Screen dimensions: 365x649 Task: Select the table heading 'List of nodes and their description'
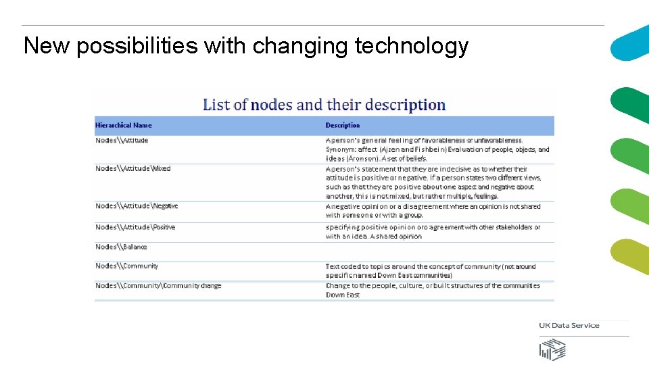pos(324,105)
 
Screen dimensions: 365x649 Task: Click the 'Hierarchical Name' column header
pos(124,125)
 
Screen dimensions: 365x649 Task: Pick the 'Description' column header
pos(343,125)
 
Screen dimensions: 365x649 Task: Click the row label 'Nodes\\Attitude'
pos(122,141)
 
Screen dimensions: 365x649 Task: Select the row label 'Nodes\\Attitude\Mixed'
pos(133,168)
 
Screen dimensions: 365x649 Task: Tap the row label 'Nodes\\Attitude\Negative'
pos(137,206)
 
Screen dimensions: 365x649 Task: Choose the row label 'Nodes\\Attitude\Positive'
pos(135,227)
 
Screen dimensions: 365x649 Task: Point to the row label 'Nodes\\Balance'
pos(121,247)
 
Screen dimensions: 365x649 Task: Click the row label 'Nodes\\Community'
pos(126,266)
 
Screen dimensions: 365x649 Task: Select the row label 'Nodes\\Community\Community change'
pos(158,286)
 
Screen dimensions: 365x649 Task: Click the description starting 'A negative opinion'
pos(433,211)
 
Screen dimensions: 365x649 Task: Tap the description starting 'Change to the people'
pos(433,290)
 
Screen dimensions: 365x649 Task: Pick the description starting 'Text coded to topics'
pos(430,270)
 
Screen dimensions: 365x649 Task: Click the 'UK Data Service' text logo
pos(569,326)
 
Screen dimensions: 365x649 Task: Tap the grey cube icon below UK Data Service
pos(552,349)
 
